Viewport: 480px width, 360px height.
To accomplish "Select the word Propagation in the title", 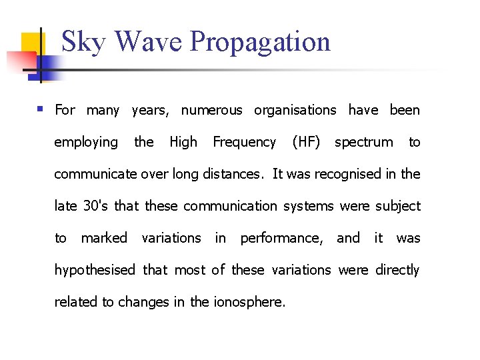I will (260, 42).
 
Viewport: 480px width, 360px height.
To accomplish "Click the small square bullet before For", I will (41, 108).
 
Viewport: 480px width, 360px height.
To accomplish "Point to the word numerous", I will (211, 110).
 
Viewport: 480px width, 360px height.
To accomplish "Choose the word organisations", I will (295, 110).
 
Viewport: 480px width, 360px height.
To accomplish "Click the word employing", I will (85, 142).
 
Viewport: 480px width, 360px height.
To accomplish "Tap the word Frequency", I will (244, 142).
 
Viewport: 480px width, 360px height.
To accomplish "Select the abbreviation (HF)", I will (306, 142).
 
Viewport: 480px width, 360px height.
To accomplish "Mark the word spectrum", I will (363, 142).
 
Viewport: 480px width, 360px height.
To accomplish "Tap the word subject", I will (398, 206).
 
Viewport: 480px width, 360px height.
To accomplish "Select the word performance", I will (282, 238).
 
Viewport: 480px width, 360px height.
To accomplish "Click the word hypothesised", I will (95, 270).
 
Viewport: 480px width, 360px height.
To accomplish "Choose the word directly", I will (397, 270).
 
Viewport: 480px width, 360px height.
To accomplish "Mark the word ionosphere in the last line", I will (249, 302).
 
